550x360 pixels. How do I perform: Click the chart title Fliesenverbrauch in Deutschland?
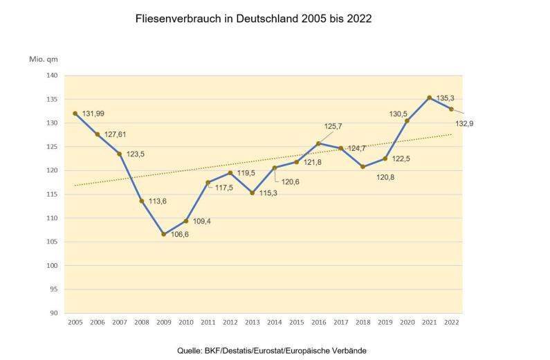point(254,19)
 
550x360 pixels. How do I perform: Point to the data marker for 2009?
point(164,234)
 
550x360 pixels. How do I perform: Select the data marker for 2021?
point(430,98)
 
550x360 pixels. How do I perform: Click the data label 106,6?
point(179,235)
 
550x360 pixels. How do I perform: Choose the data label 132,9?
point(464,123)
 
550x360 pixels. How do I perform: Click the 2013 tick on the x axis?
point(253,322)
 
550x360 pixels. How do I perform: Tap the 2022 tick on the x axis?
point(452,322)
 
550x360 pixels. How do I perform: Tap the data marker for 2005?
point(75,114)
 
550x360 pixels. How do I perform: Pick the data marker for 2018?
point(363,167)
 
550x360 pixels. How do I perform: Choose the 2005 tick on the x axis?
point(75,322)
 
